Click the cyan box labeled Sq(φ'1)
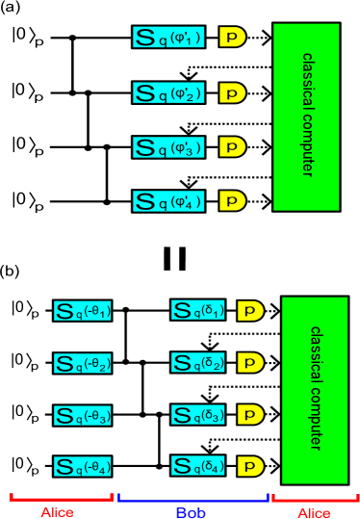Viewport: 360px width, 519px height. click(168, 38)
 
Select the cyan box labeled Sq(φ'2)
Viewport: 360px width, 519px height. click(168, 93)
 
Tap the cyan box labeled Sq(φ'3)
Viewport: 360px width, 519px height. click(168, 147)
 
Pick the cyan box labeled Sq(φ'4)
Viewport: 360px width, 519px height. click(168, 201)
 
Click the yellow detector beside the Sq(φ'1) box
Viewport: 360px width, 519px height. click(232, 38)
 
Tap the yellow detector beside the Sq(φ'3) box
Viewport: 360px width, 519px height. click(232, 147)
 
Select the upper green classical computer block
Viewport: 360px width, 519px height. click(306, 117)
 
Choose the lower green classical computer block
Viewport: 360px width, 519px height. click(315, 390)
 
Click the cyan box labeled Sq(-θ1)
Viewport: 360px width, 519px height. click(84, 311)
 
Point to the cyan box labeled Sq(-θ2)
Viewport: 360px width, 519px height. click(84, 363)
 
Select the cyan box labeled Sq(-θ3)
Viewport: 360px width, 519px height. click(84, 416)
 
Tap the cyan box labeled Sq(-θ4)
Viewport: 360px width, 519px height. click(84, 468)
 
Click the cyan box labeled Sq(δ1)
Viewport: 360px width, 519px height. click(199, 310)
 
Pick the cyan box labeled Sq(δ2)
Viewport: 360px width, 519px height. click(199, 363)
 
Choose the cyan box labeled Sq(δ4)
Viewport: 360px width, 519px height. click(199, 467)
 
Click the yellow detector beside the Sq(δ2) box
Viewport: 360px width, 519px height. click(250, 363)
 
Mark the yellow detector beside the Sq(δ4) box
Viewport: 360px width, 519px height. click(250, 467)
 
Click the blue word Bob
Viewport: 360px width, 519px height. click(191, 512)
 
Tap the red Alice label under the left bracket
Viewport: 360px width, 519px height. click(58, 512)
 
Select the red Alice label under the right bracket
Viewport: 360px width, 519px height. click(314, 512)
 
